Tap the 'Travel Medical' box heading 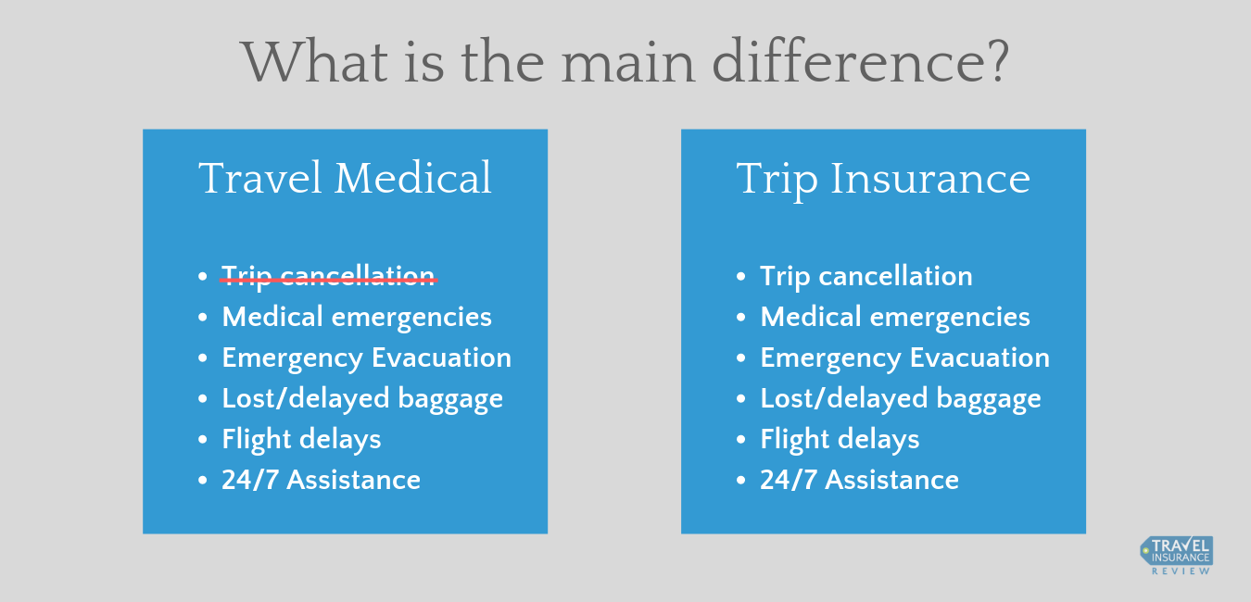tap(345, 178)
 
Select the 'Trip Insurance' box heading tap(883, 181)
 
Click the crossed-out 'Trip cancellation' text tap(328, 276)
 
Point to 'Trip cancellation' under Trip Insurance tap(866, 276)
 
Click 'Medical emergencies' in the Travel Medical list tap(357, 317)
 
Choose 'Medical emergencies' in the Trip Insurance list tap(895, 317)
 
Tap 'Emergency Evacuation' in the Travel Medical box tap(366, 357)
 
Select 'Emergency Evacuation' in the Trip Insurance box tap(904, 357)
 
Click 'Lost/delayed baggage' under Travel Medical tap(362, 399)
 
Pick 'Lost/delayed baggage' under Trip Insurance tap(901, 399)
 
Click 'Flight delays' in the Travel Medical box tap(301, 440)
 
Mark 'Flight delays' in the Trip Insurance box tap(840, 440)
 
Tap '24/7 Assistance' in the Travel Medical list tap(322, 480)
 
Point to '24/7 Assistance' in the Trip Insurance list tap(860, 480)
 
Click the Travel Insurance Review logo tap(1177, 556)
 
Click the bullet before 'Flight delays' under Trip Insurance tap(741, 440)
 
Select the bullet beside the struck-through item tap(203, 276)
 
